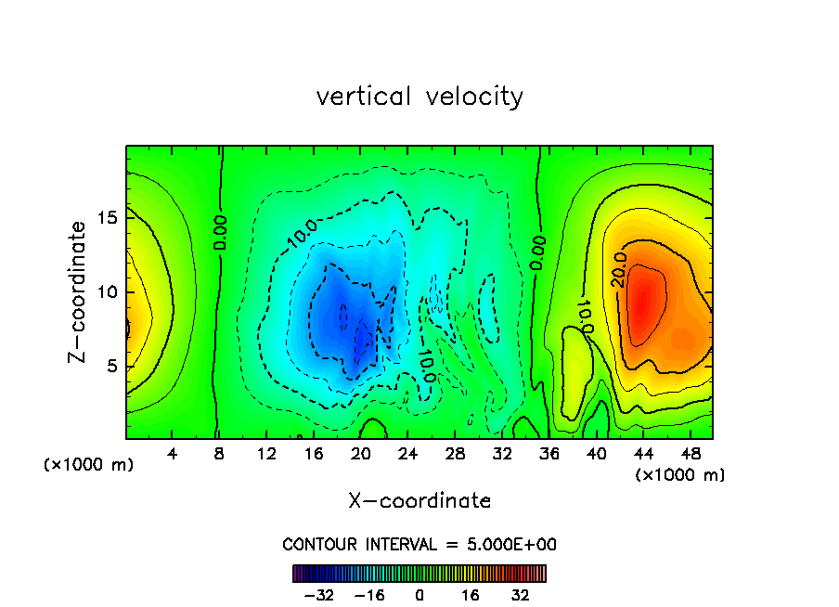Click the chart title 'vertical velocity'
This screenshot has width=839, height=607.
(x=419, y=97)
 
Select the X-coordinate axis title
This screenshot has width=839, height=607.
(x=419, y=501)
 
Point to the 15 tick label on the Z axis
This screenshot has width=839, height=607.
(x=107, y=218)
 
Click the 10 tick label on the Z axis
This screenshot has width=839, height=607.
(x=107, y=292)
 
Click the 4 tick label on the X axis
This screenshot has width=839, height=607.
(x=173, y=455)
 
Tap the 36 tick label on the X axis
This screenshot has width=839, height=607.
(x=549, y=455)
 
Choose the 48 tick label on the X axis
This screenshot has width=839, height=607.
(x=691, y=455)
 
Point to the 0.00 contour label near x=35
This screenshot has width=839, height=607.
(x=538, y=252)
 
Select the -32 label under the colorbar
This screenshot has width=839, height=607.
(x=318, y=595)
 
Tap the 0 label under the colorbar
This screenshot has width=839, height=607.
(x=419, y=595)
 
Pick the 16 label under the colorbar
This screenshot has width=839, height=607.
(x=471, y=595)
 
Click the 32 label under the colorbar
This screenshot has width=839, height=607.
(x=521, y=595)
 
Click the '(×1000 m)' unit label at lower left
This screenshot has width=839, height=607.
(x=89, y=465)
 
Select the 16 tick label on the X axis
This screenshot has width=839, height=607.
(x=314, y=455)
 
